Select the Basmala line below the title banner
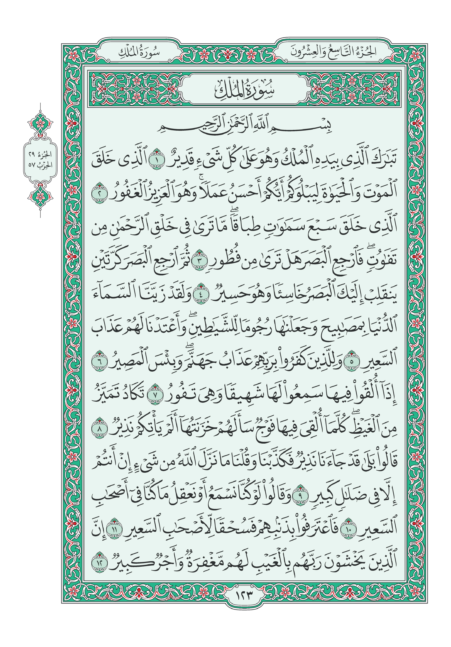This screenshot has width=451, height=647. (244, 128)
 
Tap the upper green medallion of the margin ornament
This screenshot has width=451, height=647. (40, 123)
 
